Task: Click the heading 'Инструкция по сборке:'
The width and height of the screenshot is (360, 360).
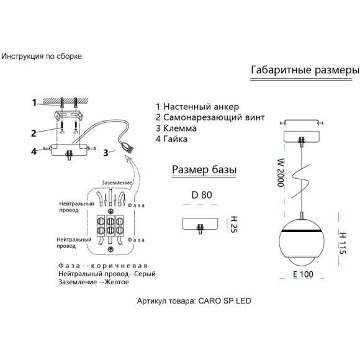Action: (x=42, y=56)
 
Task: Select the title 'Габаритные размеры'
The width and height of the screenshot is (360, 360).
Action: (x=305, y=70)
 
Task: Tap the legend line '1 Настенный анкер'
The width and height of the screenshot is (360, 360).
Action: (x=197, y=107)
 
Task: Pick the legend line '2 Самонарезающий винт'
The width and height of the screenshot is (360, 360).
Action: (x=210, y=117)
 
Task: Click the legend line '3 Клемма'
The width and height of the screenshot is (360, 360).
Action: (x=176, y=128)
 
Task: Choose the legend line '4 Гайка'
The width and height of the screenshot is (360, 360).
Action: (x=172, y=139)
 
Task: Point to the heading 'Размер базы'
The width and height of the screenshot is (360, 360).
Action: (x=204, y=170)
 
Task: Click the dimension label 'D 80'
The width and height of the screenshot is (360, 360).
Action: (x=202, y=195)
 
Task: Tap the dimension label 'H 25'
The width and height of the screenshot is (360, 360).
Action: (x=234, y=224)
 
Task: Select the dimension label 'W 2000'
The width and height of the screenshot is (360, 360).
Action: (x=281, y=173)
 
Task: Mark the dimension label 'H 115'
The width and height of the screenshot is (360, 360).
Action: (x=343, y=243)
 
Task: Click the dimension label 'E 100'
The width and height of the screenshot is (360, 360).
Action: (x=303, y=274)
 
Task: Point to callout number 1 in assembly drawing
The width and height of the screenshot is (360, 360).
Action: (x=34, y=102)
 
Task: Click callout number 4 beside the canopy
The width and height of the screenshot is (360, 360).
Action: (x=34, y=151)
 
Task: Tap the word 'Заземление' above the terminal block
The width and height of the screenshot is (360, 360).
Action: (x=117, y=182)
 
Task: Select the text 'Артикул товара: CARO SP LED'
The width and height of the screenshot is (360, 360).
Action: (x=194, y=301)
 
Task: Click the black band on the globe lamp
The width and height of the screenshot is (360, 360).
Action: (x=302, y=231)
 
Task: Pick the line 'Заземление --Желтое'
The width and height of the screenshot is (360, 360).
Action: (x=94, y=282)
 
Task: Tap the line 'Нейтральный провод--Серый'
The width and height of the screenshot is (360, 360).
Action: (x=107, y=274)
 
